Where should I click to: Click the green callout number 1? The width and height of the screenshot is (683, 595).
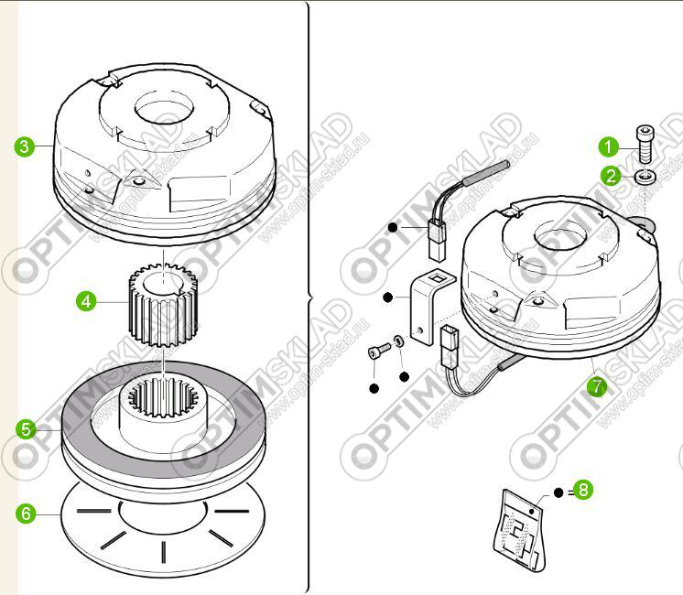click(609, 146)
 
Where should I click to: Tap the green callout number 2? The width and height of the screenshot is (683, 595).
click(611, 176)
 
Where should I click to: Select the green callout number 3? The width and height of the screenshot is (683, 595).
click(25, 146)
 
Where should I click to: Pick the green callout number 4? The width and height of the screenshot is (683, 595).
click(86, 301)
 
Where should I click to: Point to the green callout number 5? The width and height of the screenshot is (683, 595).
click(26, 429)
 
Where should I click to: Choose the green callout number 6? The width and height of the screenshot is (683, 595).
click(26, 514)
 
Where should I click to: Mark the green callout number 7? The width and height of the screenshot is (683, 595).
click(596, 386)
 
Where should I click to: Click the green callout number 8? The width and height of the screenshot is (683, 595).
click(583, 490)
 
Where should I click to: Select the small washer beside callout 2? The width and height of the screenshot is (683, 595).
click(644, 177)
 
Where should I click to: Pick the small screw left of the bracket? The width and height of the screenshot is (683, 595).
click(380, 351)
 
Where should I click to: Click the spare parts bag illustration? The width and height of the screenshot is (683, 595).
click(519, 529)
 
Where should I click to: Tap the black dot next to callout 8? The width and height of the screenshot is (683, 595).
click(558, 492)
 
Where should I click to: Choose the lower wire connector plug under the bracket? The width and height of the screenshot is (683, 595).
click(450, 346)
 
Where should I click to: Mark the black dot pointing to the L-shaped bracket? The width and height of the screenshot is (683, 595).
click(387, 297)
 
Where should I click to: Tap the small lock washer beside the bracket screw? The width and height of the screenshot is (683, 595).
click(398, 341)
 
